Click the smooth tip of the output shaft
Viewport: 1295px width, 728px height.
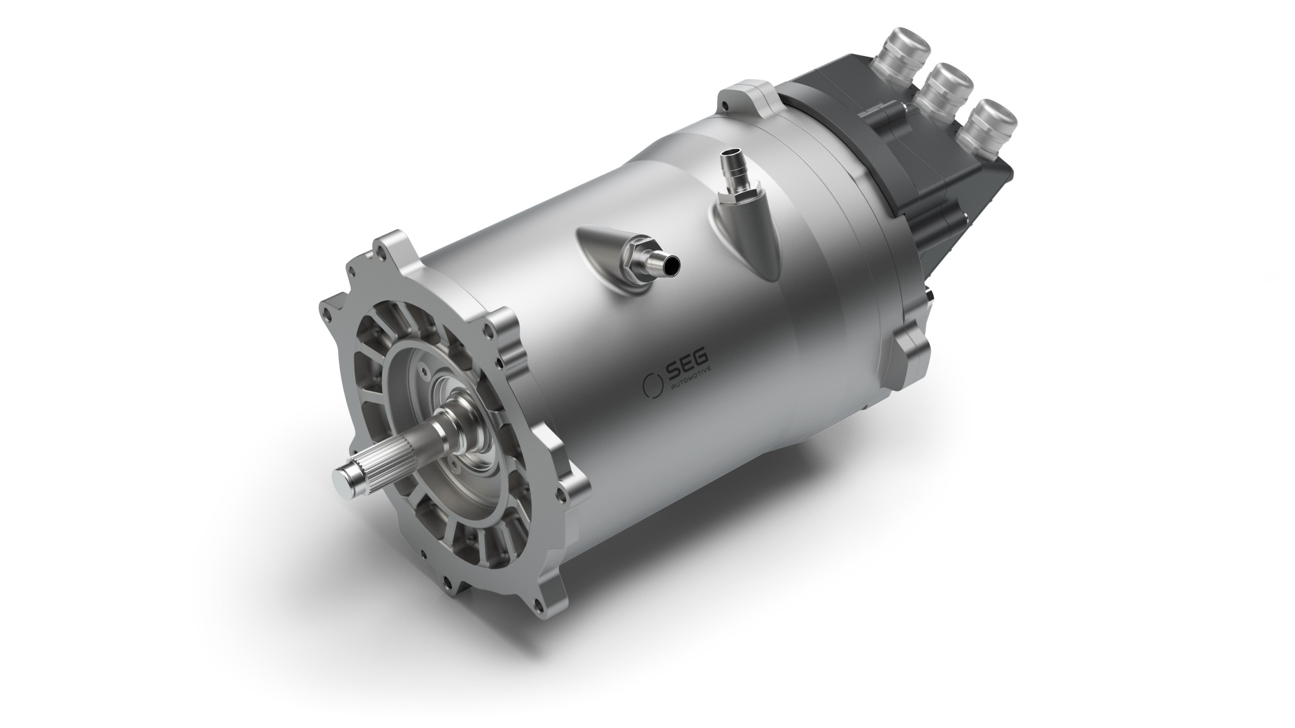(346, 476)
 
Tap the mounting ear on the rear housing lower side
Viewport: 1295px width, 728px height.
(911, 349)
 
